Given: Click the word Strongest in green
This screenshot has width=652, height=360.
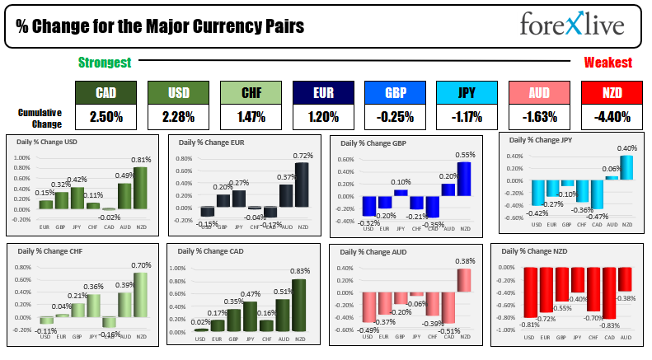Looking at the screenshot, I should click(x=105, y=63).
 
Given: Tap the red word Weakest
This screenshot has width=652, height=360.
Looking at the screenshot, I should click(x=607, y=63).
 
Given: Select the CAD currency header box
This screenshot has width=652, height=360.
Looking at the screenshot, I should click(x=105, y=93).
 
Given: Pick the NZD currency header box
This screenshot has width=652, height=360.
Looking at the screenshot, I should click(x=611, y=93).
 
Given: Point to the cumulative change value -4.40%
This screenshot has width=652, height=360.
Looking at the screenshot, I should click(x=611, y=117).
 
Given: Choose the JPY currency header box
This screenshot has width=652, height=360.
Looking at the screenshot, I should click(x=466, y=93).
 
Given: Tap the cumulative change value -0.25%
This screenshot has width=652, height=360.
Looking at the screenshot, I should click(x=394, y=117).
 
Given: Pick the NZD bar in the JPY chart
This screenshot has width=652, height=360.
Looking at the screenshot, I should click(x=627, y=167).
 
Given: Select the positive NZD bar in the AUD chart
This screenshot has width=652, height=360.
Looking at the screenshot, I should click(x=465, y=280).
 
